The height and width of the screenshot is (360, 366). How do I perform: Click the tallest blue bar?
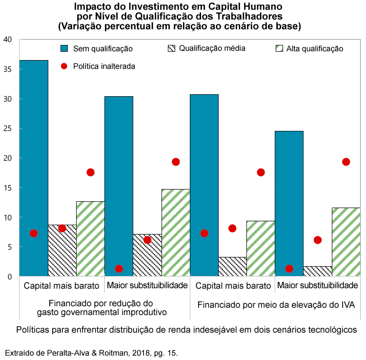(34, 166)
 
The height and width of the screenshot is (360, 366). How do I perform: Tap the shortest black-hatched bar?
(317, 272)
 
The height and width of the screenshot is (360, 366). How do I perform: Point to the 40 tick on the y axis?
(7, 40)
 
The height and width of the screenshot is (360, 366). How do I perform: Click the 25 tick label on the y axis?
(7, 128)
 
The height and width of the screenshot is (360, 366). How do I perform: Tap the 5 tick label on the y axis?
(9, 247)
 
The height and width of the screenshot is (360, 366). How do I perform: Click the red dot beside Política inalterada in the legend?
(64, 66)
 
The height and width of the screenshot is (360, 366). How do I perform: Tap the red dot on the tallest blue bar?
(34, 233)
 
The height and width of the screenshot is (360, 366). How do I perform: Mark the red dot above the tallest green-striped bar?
(176, 162)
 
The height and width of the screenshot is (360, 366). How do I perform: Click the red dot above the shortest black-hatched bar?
(318, 240)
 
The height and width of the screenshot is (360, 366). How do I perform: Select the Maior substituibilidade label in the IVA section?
(317, 285)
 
